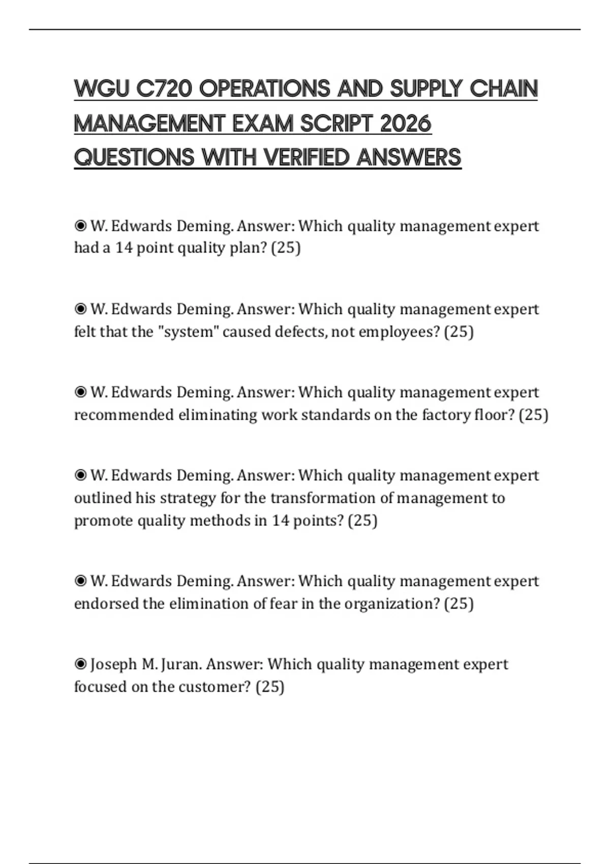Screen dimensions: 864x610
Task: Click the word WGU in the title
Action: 102,89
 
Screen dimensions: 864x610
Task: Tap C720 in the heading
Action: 164,89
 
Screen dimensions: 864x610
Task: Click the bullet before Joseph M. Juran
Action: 80,664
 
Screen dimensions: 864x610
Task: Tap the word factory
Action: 446,415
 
